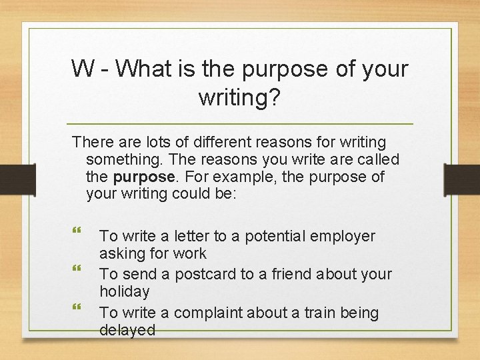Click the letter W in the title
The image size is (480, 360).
point(83,68)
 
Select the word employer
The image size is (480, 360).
point(343,236)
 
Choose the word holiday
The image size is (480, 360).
point(124,291)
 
